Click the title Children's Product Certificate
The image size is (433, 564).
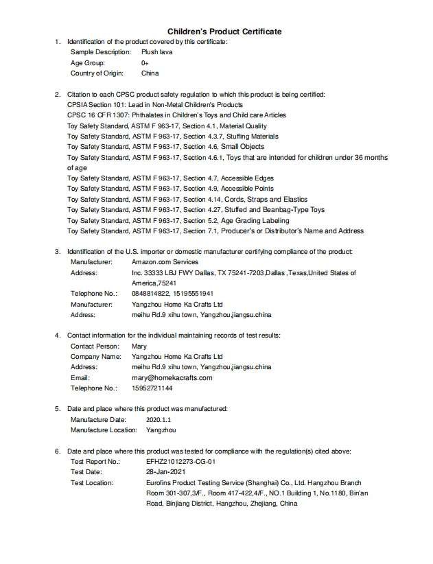(224, 32)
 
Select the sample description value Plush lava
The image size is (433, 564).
(157, 52)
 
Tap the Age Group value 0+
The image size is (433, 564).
(145, 62)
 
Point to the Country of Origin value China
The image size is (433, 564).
(150, 73)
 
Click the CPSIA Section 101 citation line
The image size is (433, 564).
(155, 104)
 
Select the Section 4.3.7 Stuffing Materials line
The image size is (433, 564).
(173, 137)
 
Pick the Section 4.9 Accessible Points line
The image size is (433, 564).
(170, 189)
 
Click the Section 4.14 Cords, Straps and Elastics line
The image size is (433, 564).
(187, 199)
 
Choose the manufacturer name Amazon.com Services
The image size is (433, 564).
(165, 261)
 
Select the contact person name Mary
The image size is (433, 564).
(139, 346)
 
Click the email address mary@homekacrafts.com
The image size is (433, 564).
(172, 377)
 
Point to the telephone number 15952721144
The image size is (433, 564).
(152, 388)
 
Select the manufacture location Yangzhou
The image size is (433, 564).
(161, 430)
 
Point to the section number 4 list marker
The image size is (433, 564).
(57, 335)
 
